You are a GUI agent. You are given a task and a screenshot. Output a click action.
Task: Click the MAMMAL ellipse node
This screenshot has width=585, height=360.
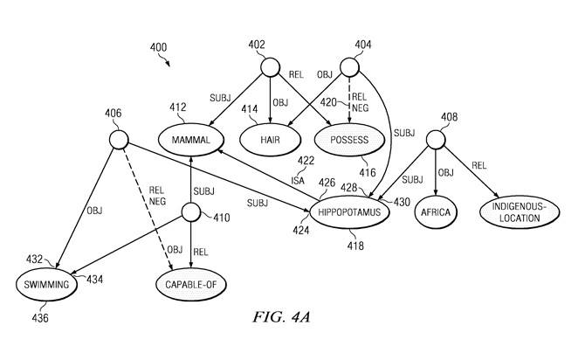[x=191, y=141]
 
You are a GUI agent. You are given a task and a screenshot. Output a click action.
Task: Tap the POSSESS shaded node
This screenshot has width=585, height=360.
[x=350, y=141]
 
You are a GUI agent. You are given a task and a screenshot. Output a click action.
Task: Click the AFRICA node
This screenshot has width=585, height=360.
[x=436, y=211]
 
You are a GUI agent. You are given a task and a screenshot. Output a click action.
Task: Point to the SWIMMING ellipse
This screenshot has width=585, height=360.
[x=46, y=286]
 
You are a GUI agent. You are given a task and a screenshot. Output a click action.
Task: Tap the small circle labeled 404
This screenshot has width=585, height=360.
[x=349, y=67]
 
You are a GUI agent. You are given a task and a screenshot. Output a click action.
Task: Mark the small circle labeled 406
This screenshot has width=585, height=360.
[x=118, y=139]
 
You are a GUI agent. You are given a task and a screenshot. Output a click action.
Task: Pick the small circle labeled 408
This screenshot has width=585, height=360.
[x=434, y=140]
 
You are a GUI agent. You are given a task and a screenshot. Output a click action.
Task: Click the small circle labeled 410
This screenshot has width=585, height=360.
[x=189, y=212]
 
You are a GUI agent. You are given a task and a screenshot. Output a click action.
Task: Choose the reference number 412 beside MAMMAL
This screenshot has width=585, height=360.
[x=178, y=108]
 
